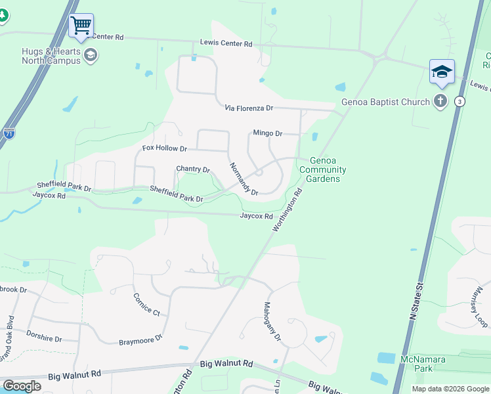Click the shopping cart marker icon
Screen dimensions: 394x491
pos(81,26)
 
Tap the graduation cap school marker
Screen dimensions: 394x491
pos(442,72)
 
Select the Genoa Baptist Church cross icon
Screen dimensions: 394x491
pos(440,101)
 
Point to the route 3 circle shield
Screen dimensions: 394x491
pos(460,102)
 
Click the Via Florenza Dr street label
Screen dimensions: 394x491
pos(249,108)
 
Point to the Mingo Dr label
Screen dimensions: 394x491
pos(268,133)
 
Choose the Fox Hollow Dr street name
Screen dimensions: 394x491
pos(165,148)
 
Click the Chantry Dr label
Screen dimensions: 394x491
pos(193,169)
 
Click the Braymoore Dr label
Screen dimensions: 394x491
pos(140,341)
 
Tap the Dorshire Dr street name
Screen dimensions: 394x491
pos(45,339)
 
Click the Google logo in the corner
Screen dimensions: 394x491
pos(22,386)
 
